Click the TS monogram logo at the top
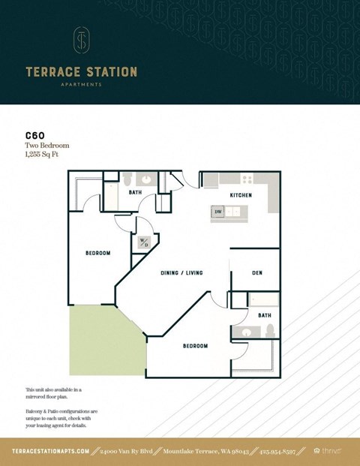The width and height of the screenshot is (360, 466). [x=81, y=41]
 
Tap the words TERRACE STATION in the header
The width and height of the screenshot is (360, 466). [x=81, y=72]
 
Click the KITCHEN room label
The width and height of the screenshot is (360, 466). [x=241, y=195]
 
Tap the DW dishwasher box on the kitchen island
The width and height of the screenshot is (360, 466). [x=218, y=212]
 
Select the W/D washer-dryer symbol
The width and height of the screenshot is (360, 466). [x=142, y=243]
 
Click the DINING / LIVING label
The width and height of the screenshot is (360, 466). [x=181, y=272]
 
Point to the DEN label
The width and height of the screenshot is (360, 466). [x=256, y=272]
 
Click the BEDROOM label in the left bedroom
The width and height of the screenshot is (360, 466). [x=97, y=253]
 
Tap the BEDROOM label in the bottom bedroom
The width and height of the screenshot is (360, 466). [x=196, y=346]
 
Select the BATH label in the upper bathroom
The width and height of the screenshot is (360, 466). [x=135, y=193]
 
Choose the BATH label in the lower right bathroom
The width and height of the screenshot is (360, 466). [x=265, y=316]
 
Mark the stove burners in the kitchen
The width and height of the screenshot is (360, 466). [x=247, y=179]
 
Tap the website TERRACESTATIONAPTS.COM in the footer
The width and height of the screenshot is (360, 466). [x=51, y=451]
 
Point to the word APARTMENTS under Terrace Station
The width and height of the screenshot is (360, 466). [x=81, y=85]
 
